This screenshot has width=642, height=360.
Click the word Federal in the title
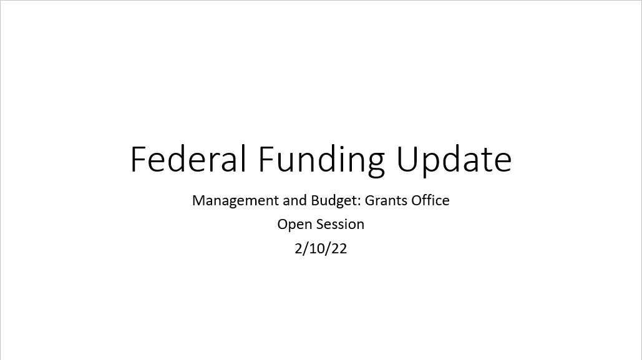(x=188, y=158)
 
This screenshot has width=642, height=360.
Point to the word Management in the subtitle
(x=236, y=201)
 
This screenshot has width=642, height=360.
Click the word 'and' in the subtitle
(x=294, y=200)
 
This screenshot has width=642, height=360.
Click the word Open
(x=294, y=225)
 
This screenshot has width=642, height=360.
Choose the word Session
(x=339, y=225)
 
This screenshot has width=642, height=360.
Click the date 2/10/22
(x=321, y=248)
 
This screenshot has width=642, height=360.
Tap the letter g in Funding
(x=376, y=165)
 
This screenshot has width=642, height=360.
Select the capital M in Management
(x=198, y=200)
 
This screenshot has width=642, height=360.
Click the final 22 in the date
(x=339, y=248)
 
